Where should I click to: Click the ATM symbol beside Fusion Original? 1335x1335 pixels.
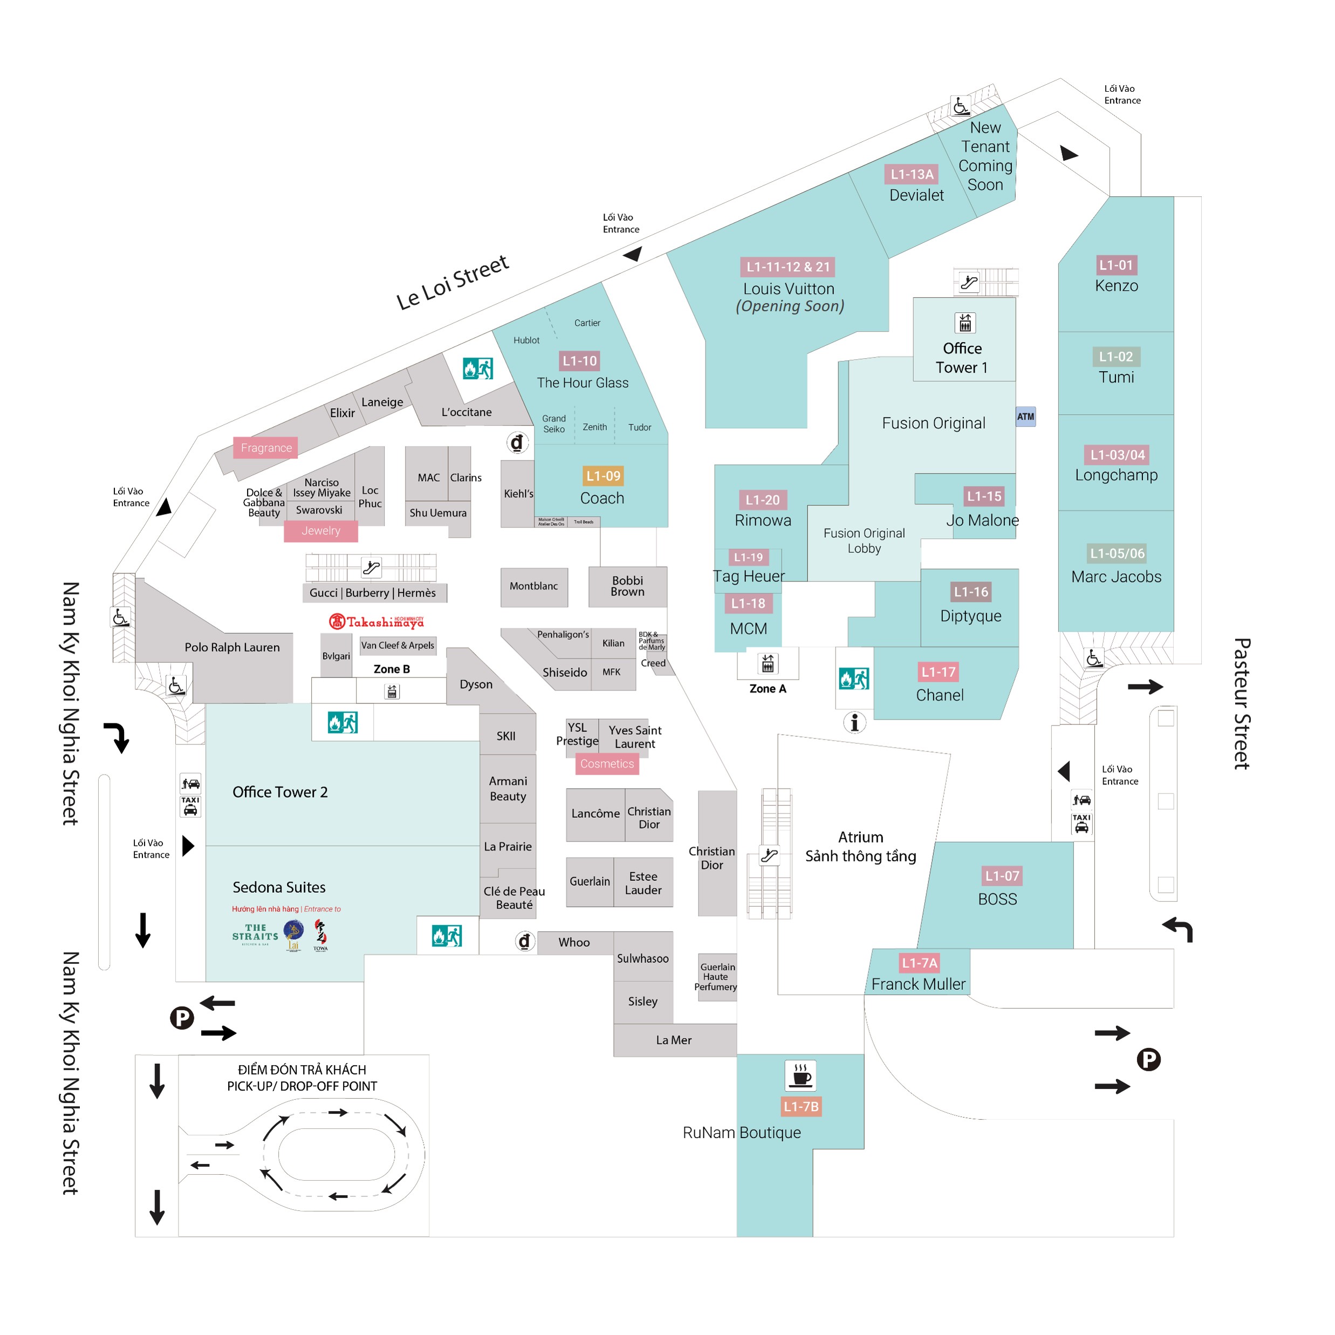click(x=1025, y=416)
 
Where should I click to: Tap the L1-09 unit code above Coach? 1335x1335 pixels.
click(x=603, y=476)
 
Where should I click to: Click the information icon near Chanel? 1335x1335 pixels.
click(x=855, y=722)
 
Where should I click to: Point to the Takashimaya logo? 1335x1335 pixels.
click(x=376, y=622)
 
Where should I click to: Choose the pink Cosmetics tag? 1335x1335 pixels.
click(x=607, y=764)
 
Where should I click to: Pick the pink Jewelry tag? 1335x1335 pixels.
click(x=320, y=531)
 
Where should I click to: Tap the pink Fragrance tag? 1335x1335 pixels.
click(x=266, y=448)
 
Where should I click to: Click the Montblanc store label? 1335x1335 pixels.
click(x=533, y=586)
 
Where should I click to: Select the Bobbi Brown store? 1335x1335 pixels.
click(x=627, y=586)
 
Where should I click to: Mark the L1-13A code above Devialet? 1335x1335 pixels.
click(x=912, y=174)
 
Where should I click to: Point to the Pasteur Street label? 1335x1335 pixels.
click(x=1242, y=703)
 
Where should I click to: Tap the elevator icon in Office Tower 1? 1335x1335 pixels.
click(x=966, y=323)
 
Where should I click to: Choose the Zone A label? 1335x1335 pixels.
click(x=768, y=689)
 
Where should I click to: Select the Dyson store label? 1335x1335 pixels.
click(x=476, y=684)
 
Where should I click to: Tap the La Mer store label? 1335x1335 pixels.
click(x=674, y=1040)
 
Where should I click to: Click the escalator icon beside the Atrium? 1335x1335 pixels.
click(x=769, y=855)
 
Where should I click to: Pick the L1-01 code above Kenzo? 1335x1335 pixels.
click(x=1116, y=265)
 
